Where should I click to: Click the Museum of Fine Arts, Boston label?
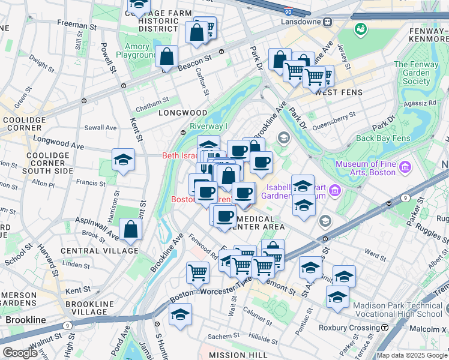[x=366, y=168]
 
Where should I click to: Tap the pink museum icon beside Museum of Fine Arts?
[x=405, y=166]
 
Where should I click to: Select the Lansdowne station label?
[x=302, y=21]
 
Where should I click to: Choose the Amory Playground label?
[x=137, y=51]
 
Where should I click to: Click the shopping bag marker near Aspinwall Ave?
[x=130, y=229]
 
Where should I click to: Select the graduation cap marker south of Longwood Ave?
[x=123, y=160]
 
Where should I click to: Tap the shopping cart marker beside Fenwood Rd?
[x=197, y=272]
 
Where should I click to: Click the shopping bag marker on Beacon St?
[x=167, y=57]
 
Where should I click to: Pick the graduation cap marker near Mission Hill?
[x=180, y=315]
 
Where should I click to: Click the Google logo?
[x=20, y=353]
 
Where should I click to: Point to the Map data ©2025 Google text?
[x=412, y=355]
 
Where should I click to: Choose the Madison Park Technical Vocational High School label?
[x=397, y=310]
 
